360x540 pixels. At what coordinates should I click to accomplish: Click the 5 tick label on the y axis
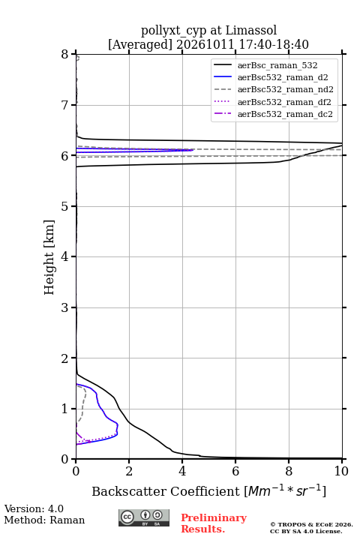65,206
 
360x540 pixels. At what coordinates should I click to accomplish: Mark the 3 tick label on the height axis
65,307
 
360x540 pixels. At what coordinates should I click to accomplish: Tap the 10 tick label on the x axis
341,471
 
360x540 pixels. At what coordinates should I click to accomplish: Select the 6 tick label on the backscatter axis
235,471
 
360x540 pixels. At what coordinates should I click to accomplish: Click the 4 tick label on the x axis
182,471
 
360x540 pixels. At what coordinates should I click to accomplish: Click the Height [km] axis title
49,257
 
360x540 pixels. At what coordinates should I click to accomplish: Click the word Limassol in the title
251,30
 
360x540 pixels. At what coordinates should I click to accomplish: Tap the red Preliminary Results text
214,523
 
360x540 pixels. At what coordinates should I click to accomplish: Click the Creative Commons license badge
144,517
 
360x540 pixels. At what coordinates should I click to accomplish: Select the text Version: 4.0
34,508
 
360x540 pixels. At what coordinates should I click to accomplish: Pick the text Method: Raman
44,520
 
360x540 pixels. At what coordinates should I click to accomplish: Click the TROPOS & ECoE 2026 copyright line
311,524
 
